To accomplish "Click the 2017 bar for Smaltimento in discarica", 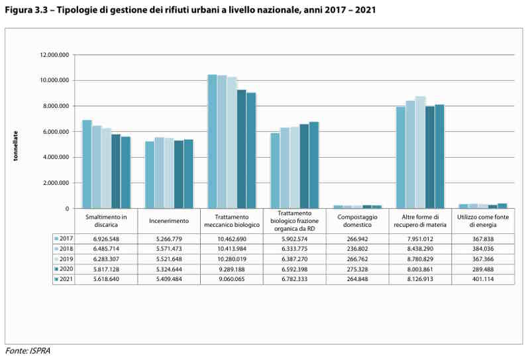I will tap(87, 164).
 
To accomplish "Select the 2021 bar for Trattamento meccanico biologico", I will tap(251, 150).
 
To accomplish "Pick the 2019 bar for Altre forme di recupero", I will tap(420, 152).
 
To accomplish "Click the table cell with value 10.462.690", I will tap(232, 238).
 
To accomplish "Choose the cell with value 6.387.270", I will tap(294, 259).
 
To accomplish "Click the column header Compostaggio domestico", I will tap(357, 221).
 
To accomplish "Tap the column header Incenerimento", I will tap(169, 221).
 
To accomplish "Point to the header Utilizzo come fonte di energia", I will tap(483, 221).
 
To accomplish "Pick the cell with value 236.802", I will tap(357, 249).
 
